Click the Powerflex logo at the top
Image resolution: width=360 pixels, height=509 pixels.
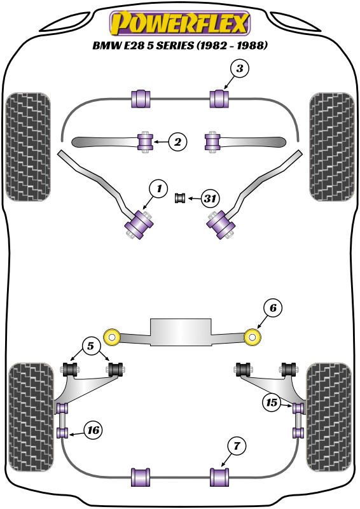[x=180, y=23]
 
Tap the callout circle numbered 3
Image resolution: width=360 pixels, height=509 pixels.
[x=240, y=69]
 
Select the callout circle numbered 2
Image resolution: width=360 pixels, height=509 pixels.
[x=177, y=142]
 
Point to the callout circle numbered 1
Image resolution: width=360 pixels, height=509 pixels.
[x=158, y=188]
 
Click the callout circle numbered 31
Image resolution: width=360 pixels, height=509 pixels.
[x=210, y=198]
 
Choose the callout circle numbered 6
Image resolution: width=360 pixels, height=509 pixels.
[x=273, y=308]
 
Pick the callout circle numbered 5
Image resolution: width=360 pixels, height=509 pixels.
[x=90, y=345]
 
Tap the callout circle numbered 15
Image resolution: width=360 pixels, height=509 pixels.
[x=272, y=403]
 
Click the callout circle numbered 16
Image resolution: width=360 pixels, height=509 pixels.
[x=93, y=430]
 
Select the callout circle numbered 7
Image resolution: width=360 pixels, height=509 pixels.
[x=237, y=446]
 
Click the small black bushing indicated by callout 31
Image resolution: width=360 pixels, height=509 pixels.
[x=180, y=198]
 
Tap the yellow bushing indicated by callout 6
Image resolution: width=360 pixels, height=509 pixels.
[x=253, y=337]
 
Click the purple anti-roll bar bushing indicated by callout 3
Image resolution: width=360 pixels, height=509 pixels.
[x=220, y=99]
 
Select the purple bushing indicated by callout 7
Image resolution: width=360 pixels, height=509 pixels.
[x=219, y=477]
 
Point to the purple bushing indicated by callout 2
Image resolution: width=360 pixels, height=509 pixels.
[x=145, y=142]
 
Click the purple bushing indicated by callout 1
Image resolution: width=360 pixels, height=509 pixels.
[x=139, y=225]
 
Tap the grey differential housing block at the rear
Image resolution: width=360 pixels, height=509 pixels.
[x=181, y=331]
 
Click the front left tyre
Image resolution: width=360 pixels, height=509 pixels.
[x=28, y=147]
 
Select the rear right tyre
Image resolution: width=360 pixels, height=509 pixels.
[x=329, y=417]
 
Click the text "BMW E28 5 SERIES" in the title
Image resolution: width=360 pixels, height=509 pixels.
[x=143, y=45]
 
